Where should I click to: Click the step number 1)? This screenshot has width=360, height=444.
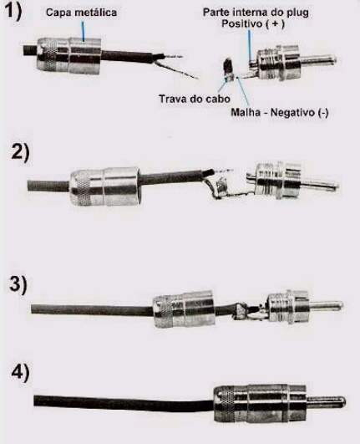click(14, 12)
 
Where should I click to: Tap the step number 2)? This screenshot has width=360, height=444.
click(20, 153)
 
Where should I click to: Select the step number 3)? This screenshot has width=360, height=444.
click(18, 284)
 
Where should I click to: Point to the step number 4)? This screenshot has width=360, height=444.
click(20, 373)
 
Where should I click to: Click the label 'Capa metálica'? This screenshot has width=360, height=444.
click(81, 13)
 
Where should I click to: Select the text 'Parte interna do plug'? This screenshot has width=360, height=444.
click(256, 13)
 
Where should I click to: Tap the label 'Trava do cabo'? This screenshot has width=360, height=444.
click(195, 99)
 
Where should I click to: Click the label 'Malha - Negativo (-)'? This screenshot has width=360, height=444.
click(280, 112)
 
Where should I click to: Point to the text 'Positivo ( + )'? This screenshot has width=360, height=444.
click(253, 23)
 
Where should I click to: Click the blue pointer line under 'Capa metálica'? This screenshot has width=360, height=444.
click(84, 32)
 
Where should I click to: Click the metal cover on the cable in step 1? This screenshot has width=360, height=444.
click(68, 56)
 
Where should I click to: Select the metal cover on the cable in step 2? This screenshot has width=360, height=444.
click(105, 186)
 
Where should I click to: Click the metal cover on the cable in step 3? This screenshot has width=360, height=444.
click(184, 309)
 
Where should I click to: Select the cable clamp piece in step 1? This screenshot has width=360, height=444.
click(229, 69)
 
